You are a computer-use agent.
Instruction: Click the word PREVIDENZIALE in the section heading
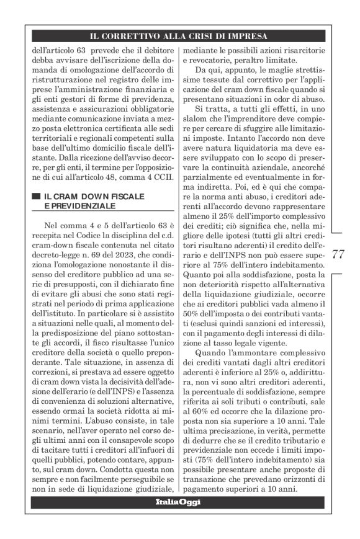(79, 205)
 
